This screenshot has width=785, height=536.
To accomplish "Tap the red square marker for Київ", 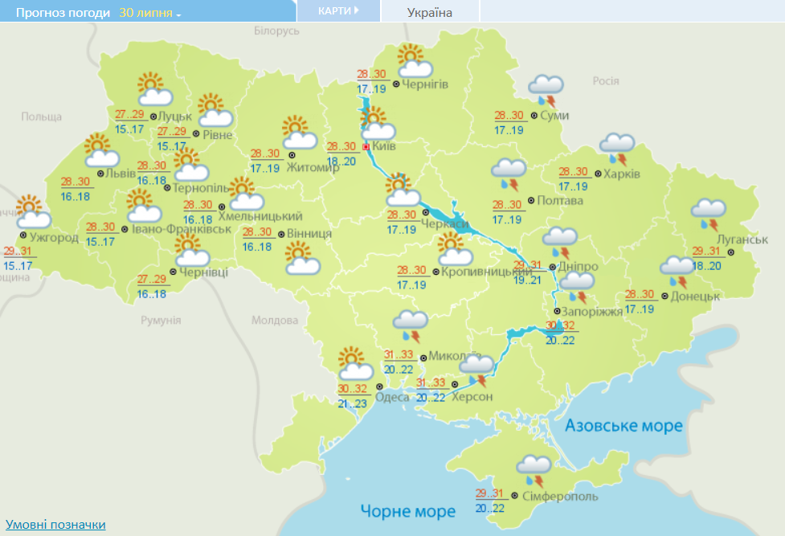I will (366, 147).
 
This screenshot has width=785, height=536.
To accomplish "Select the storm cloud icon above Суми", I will (546, 89).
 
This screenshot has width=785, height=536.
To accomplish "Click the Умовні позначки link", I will (55, 525).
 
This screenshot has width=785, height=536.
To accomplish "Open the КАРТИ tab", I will (336, 10).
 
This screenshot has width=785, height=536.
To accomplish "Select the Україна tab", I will (430, 12).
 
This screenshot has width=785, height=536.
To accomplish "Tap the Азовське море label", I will (623, 425).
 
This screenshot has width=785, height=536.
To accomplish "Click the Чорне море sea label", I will (407, 510).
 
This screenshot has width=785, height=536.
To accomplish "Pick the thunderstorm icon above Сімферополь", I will (534, 468).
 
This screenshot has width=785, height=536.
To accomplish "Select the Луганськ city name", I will (740, 239).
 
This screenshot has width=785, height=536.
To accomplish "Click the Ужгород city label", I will (53, 238).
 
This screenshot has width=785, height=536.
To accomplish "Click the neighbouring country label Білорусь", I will (276, 31).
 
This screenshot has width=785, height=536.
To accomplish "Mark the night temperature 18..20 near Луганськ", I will (706, 266).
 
